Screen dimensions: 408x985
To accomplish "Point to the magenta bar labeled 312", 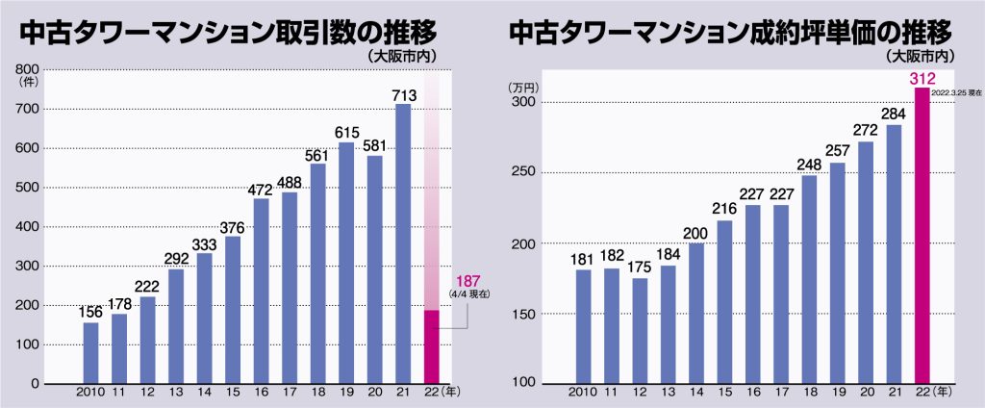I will tap(922, 236).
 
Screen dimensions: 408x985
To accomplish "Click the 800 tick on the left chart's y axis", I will tap(27, 69).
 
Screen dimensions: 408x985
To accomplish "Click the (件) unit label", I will tap(27, 84).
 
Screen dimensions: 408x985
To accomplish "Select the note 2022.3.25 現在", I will tap(954, 91).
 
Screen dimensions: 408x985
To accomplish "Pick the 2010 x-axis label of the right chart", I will tap(583, 393).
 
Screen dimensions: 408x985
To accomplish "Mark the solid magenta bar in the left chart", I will tap(431, 346).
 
